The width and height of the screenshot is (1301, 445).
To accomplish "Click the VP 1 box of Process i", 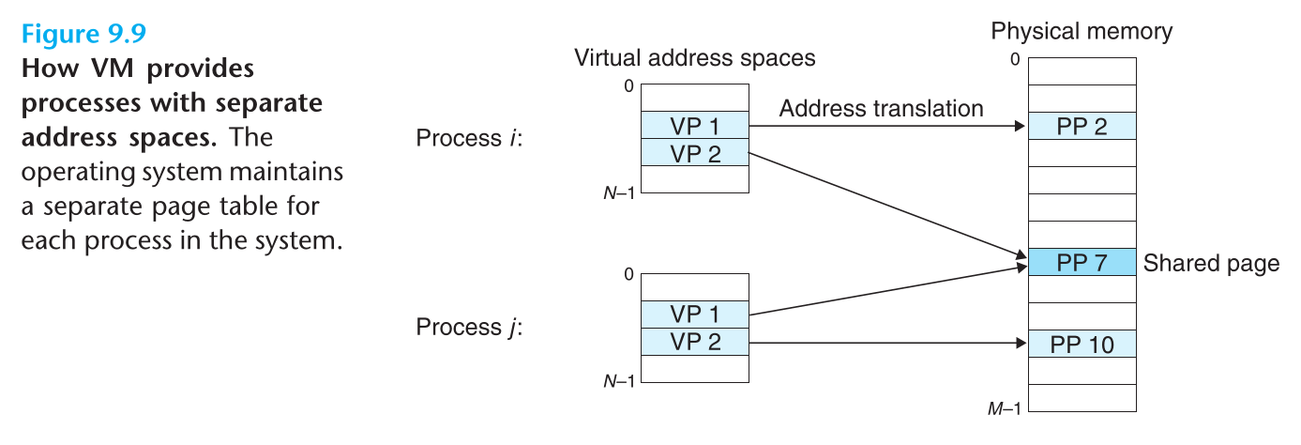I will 695,126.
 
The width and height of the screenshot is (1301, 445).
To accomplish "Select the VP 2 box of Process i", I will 695,153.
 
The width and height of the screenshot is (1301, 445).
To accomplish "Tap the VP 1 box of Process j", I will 695,315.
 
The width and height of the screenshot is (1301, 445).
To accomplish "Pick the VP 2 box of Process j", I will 695,342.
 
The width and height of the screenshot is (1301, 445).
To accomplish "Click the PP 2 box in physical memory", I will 1082,126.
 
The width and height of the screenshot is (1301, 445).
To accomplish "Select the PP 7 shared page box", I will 1082,262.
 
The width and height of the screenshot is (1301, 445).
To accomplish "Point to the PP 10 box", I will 1082,344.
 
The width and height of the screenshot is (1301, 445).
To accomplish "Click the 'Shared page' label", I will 1211,263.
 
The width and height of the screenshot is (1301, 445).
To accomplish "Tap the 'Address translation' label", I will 881,109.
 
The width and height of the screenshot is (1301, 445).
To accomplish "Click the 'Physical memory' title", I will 1082,32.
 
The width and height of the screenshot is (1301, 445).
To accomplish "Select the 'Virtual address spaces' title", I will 695,58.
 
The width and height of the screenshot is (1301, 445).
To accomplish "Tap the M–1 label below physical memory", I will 1003,407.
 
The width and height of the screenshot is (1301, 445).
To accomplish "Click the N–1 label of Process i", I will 619,194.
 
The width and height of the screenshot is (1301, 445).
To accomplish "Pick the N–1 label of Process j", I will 619,381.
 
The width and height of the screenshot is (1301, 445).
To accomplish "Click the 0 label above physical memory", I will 1014,59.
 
